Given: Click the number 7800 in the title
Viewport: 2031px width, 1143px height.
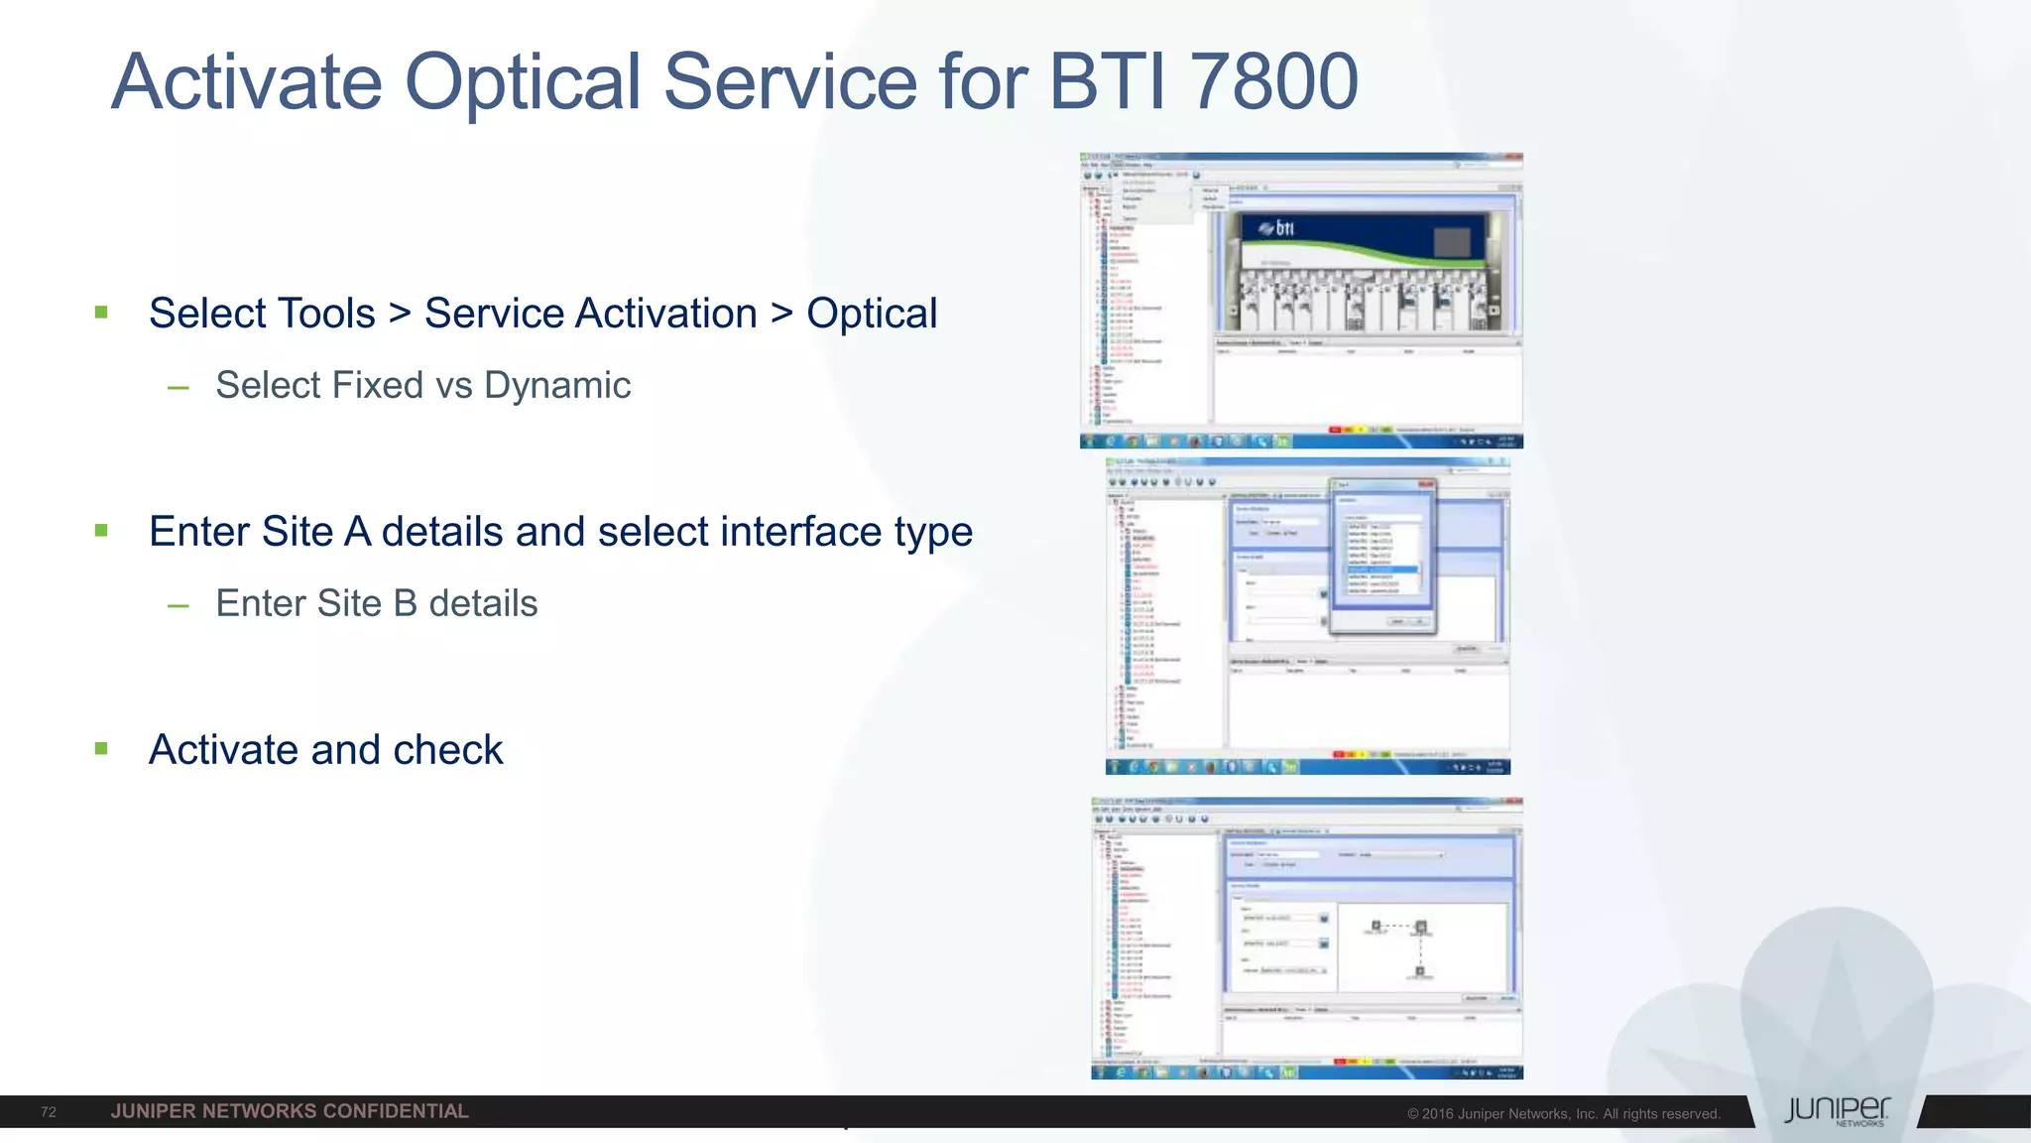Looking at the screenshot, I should tap(1273, 81).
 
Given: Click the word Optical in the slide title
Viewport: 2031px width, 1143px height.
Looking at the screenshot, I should tap(523, 81).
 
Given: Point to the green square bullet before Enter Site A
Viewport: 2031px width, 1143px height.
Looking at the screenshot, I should tap(101, 531).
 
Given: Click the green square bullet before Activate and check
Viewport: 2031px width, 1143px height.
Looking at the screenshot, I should tap(101, 749).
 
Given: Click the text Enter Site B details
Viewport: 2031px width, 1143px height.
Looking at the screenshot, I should tap(377, 603).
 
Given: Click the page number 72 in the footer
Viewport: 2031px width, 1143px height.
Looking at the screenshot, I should tap(49, 1112).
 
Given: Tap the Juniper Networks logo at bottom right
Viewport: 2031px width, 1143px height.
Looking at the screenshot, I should tap(1837, 1111).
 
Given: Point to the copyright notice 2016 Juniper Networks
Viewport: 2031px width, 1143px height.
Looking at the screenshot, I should tap(1563, 1114).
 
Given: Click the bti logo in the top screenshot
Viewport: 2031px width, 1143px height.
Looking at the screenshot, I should tap(1277, 229).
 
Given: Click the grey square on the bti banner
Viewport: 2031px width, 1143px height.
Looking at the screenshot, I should tap(1452, 241).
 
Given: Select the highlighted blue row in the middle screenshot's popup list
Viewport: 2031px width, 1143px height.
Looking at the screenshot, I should tap(1383, 570).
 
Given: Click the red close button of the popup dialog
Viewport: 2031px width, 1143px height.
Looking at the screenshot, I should tap(1426, 484).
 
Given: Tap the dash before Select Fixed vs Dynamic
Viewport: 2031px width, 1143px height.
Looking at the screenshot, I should tap(179, 387).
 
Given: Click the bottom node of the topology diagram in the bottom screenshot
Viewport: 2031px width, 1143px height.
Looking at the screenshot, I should tap(1420, 971).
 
